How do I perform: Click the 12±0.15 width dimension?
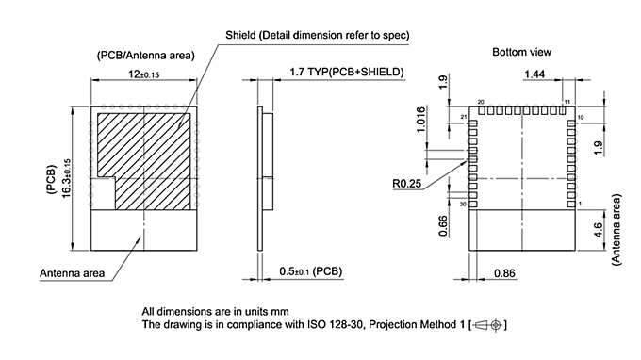[x=144, y=74]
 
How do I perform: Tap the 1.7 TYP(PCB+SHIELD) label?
[x=345, y=72]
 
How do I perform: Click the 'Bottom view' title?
[x=521, y=52]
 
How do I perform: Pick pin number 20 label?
[x=481, y=102]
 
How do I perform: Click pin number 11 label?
[x=567, y=101]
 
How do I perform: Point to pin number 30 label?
[x=463, y=204]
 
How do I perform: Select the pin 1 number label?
[x=580, y=204]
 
